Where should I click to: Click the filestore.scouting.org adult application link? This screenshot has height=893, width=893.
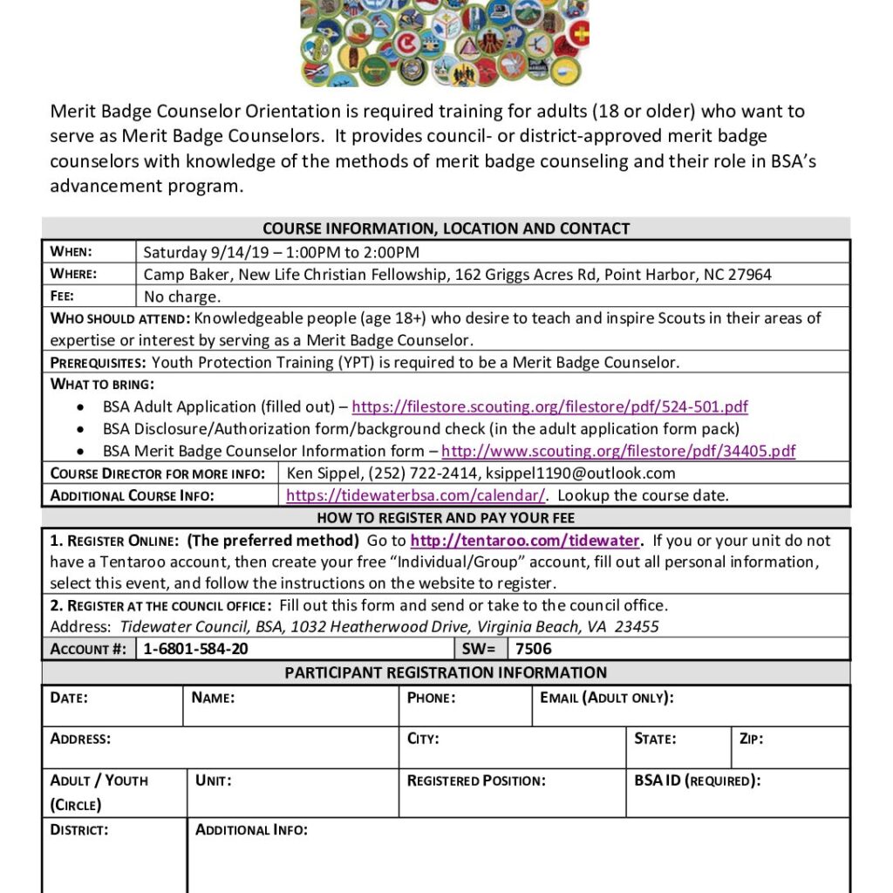pyautogui.click(x=549, y=407)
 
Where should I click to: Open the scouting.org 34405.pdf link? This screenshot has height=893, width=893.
pyautogui.click(x=618, y=452)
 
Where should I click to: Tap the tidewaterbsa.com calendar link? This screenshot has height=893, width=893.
pyautogui.click(x=416, y=495)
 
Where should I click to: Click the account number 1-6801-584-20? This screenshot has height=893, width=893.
pyautogui.click(x=195, y=649)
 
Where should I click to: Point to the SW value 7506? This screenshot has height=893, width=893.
pyautogui.click(x=534, y=649)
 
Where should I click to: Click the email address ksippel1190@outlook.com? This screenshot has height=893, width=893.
pyautogui.click(x=580, y=474)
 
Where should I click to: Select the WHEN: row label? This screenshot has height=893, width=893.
pyautogui.click(x=72, y=252)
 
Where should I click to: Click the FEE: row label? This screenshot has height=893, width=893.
pyautogui.click(x=63, y=297)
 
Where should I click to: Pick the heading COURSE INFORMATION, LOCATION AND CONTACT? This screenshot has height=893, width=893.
pyautogui.click(x=446, y=228)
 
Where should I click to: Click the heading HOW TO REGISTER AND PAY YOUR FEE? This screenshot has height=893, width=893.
pyautogui.click(x=446, y=518)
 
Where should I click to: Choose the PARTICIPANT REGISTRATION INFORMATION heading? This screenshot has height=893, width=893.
pyautogui.click(x=446, y=672)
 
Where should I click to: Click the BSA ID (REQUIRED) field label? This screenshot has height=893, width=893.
pyautogui.click(x=697, y=781)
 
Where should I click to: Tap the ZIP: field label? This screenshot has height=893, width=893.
pyautogui.click(x=751, y=739)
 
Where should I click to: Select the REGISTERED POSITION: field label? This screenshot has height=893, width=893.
pyautogui.click(x=476, y=781)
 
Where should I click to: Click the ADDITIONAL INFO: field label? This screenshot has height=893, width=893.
pyautogui.click(x=251, y=829)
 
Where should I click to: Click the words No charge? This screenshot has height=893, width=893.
pyautogui.click(x=182, y=297)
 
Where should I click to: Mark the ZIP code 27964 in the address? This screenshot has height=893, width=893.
pyautogui.click(x=750, y=275)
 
